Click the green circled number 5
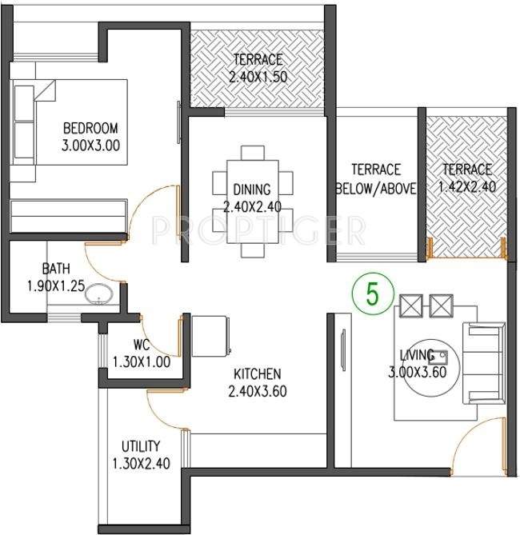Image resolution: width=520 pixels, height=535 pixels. coord(370,293)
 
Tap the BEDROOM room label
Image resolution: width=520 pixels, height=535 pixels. coord(90,128)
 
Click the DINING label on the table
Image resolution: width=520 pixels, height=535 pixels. coord(252,190)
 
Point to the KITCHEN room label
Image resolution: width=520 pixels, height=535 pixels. coord(257,374)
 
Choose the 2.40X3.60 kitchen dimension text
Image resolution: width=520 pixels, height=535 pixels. coord(257,391)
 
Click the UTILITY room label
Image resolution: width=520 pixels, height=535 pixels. coord(141,446)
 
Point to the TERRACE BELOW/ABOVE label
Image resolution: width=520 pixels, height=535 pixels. coord(375,178)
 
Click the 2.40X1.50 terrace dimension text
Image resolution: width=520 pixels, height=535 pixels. coord(257,77)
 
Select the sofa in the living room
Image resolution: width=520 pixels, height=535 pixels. coord(485,364)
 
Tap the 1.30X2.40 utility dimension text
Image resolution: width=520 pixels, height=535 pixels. coord(141,463)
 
